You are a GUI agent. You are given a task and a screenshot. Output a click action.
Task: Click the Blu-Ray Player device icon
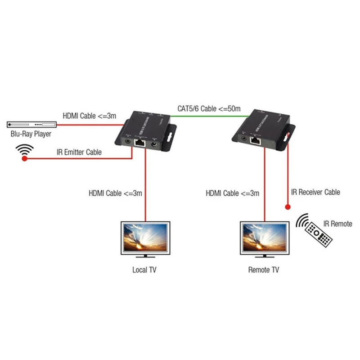click(x=31, y=124)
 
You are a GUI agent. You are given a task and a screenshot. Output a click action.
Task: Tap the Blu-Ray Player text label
click(x=31, y=134)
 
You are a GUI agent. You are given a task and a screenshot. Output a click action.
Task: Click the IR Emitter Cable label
click(x=79, y=152)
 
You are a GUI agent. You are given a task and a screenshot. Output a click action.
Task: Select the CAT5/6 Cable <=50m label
click(x=208, y=108)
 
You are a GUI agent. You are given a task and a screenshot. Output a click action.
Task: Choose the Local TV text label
click(x=144, y=270)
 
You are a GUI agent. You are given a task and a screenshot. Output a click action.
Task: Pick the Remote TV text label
click(x=264, y=270)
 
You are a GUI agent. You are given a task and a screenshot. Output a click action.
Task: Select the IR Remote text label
click(x=337, y=224)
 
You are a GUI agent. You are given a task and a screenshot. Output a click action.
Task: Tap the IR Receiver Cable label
click(x=315, y=192)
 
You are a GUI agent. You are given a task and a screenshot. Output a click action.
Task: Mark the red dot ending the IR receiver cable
click(x=286, y=207)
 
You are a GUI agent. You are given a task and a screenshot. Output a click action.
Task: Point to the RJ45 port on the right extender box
click(x=257, y=140)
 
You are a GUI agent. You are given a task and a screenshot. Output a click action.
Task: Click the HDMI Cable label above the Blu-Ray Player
click(x=89, y=116)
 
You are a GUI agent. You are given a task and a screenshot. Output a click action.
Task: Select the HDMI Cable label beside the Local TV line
click(x=115, y=193)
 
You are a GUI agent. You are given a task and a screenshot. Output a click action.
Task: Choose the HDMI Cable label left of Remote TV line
click(x=232, y=193)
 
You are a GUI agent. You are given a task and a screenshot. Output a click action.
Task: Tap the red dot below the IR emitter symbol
click(x=25, y=159)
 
